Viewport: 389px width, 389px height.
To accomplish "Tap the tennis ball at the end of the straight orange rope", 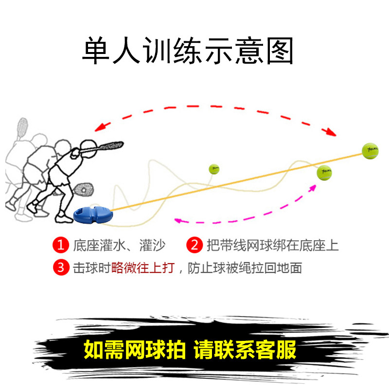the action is coord(370,151).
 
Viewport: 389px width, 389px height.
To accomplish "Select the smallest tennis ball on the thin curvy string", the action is coord(214,169).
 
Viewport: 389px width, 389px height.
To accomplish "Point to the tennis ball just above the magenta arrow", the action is coord(324,172).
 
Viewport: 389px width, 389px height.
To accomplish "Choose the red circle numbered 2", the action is coord(194,245).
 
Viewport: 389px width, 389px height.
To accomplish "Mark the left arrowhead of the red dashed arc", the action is coord(100,127).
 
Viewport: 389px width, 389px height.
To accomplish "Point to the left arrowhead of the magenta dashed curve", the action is coord(178,220).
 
